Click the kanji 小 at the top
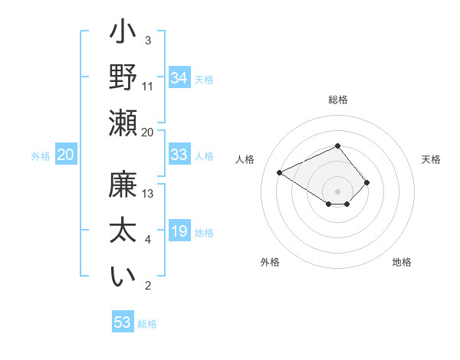click(122, 34)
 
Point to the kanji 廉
click(122, 186)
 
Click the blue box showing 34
click(179, 77)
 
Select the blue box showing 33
click(179, 155)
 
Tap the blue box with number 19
click(179, 231)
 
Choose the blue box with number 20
click(65, 155)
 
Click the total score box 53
click(122, 322)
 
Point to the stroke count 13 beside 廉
click(149, 193)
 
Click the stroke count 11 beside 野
click(149, 85)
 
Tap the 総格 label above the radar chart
click(337, 100)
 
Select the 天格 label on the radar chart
click(431, 159)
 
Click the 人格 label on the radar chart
click(245, 159)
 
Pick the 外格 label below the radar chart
click(270, 262)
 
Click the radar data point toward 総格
click(337, 146)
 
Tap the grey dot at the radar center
click(337, 191)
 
